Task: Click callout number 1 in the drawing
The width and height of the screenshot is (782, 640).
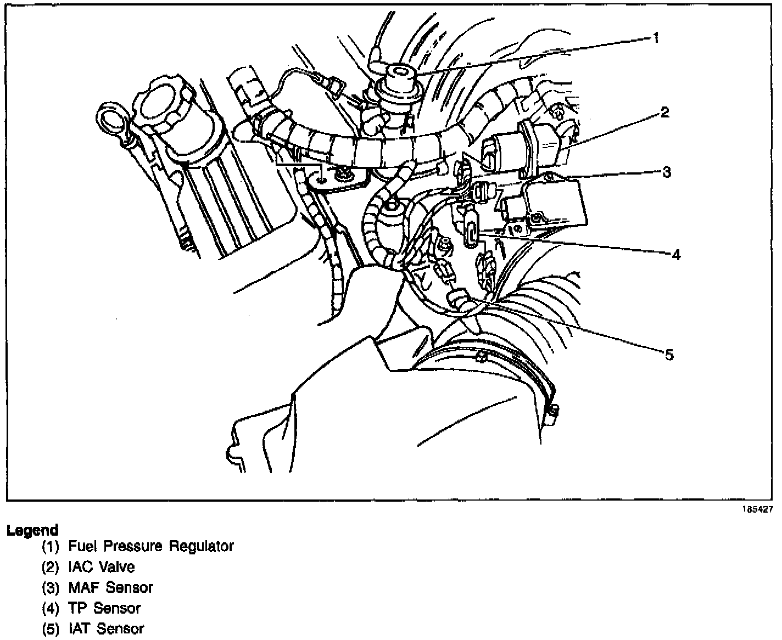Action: point(655,38)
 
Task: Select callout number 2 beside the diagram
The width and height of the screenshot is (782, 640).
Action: point(665,113)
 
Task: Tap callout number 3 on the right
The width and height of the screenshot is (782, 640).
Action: point(666,172)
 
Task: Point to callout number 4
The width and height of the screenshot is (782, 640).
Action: point(676,255)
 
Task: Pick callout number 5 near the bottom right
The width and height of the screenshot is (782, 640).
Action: point(669,355)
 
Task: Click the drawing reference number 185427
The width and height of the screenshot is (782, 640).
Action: point(758,509)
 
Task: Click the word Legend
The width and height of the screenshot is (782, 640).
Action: point(32,530)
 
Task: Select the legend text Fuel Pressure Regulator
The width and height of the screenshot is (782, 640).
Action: point(151,547)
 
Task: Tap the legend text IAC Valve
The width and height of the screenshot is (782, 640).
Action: point(102,567)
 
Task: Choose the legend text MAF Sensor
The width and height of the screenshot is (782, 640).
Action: point(110,587)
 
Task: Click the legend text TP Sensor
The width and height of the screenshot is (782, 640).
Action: point(104,608)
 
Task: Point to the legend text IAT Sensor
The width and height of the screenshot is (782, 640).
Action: point(106,628)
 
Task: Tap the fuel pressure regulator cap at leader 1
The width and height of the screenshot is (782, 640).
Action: point(396,74)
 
